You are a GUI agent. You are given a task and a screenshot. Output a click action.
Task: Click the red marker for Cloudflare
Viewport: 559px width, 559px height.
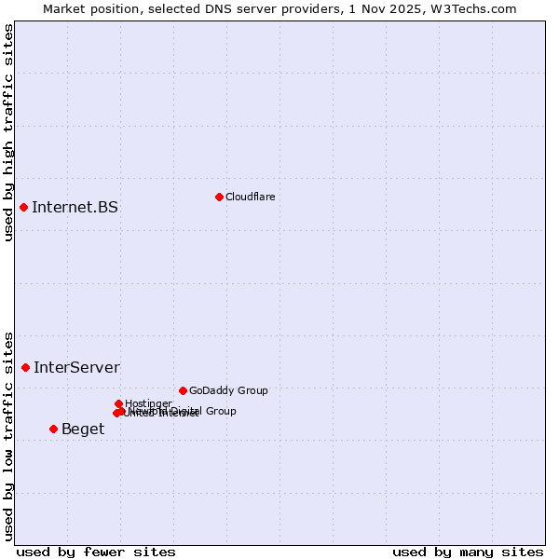[x=219, y=197]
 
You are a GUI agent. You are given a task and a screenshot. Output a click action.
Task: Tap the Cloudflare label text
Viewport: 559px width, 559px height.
[x=250, y=197]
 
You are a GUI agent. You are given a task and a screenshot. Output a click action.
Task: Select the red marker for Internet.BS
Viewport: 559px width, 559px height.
[x=23, y=207]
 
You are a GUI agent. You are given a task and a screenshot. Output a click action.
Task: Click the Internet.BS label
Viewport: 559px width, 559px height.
[x=75, y=207]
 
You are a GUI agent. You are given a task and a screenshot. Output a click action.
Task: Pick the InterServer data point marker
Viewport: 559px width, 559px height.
[x=25, y=367]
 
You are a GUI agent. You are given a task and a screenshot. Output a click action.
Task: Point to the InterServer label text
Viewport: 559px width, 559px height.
[x=76, y=367]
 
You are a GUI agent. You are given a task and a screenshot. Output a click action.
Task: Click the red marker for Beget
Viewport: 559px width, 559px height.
[x=53, y=429]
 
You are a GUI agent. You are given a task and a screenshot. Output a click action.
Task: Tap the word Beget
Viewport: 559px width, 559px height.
[x=83, y=429]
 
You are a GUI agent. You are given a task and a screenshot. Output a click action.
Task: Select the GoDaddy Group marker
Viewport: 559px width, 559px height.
[x=183, y=390]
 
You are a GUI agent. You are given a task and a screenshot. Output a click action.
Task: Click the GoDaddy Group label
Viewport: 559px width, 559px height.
[x=228, y=390]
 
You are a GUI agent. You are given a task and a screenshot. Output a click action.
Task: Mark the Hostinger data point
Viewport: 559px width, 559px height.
[x=118, y=403]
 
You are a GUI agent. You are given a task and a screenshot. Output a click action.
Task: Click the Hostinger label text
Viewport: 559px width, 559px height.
[x=148, y=403]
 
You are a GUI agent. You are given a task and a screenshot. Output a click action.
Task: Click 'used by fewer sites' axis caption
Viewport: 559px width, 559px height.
[x=96, y=552]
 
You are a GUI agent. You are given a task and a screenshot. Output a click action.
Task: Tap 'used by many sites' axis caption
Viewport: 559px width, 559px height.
[x=468, y=552]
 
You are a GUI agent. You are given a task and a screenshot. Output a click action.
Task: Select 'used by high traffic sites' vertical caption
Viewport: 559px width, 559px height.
[x=8, y=132]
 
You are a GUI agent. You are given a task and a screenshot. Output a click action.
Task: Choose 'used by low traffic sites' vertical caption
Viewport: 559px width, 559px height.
[x=8, y=435]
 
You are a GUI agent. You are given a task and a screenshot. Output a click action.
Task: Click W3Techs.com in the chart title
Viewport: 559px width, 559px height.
[x=481, y=8]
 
